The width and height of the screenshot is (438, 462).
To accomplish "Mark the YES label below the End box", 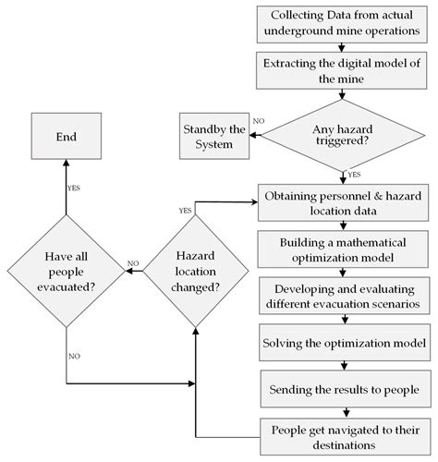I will click(x=74, y=188).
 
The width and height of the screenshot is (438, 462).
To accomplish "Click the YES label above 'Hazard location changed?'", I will click(x=186, y=210).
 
